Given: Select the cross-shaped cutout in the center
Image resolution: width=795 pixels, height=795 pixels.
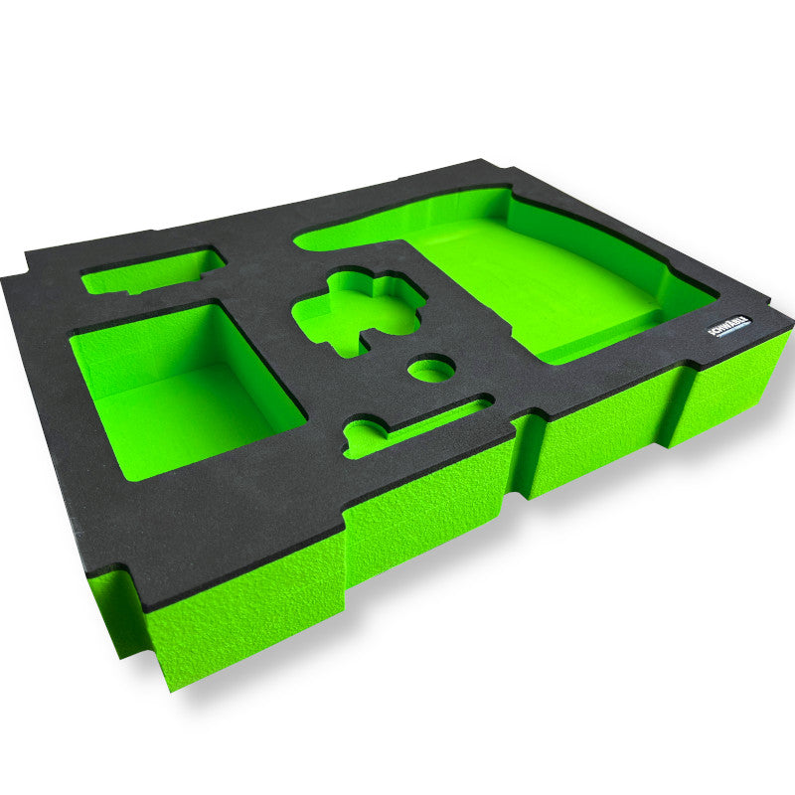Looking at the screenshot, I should [358, 310].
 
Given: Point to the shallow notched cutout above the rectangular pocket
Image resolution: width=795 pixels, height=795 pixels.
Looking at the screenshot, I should [154, 272].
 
